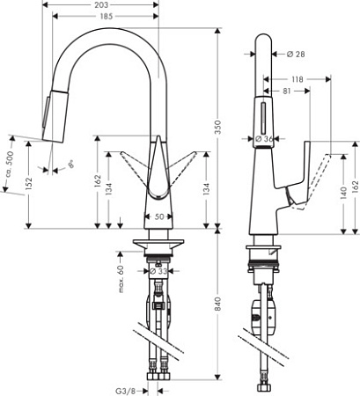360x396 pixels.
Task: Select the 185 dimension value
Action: click(108, 17)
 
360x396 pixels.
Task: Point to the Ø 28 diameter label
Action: click(296, 54)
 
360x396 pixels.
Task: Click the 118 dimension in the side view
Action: click(297, 79)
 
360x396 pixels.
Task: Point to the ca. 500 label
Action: click(10, 164)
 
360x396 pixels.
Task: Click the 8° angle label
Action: click(70, 164)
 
